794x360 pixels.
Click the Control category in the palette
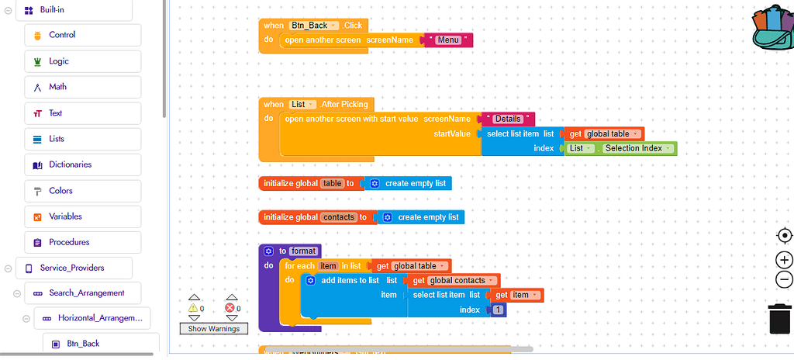pyautogui.click(x=62, y=35)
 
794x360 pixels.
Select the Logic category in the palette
pyautogui.click(x=59, y=61)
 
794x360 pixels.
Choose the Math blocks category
pyautogui.click(x=57, y=87)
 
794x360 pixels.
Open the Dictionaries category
pyautogui.click(x=70, y=164)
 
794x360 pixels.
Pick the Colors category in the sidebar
pyautogui.click(x=60, y=191)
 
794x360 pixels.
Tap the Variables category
pyautogui.click(x=65, y=216)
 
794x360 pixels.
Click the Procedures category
pyautogui.click(x=68, y=242)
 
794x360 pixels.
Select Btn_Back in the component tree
pyautogui.click(x=83, y=344)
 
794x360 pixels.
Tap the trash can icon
pyautogui.click(x=779, y=319)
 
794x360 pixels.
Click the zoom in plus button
pyautogui.click(x=784, y=260)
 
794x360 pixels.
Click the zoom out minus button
pyautogui.click(x=784, y=279)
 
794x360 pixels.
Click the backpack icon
pyautogui.click(x=772, y=29)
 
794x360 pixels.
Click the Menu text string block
pyautogui.click(x=447, y=40)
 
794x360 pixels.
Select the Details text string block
pyautogui.click(x=508, y=119)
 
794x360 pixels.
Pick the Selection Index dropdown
pyautogui.click(x=637, y=148)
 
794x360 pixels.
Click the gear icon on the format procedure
pyautogui.click(x=268, y=251)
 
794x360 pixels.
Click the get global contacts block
pyautogui.click(x=453, y=280)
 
